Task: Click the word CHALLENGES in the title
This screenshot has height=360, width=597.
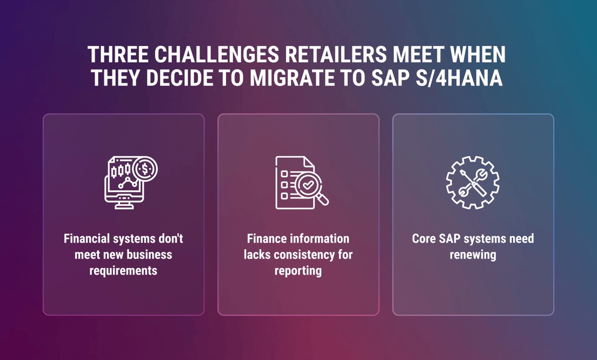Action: coord(216,54)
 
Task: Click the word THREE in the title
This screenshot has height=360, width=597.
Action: coord(118,54)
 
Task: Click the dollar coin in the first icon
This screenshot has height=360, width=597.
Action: coord(145,169)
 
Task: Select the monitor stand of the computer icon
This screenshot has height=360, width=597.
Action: coord(124,205)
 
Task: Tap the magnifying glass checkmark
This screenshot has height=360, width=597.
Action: coord(308,185)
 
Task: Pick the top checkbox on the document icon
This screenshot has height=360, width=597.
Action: coord(284,174)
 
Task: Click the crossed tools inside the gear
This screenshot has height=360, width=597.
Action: coord(473,183)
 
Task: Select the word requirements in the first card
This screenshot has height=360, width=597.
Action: coord(123,271)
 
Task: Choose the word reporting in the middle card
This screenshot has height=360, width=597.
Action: coord(298,271)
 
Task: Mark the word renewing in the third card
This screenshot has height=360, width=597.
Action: coord(473,255)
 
